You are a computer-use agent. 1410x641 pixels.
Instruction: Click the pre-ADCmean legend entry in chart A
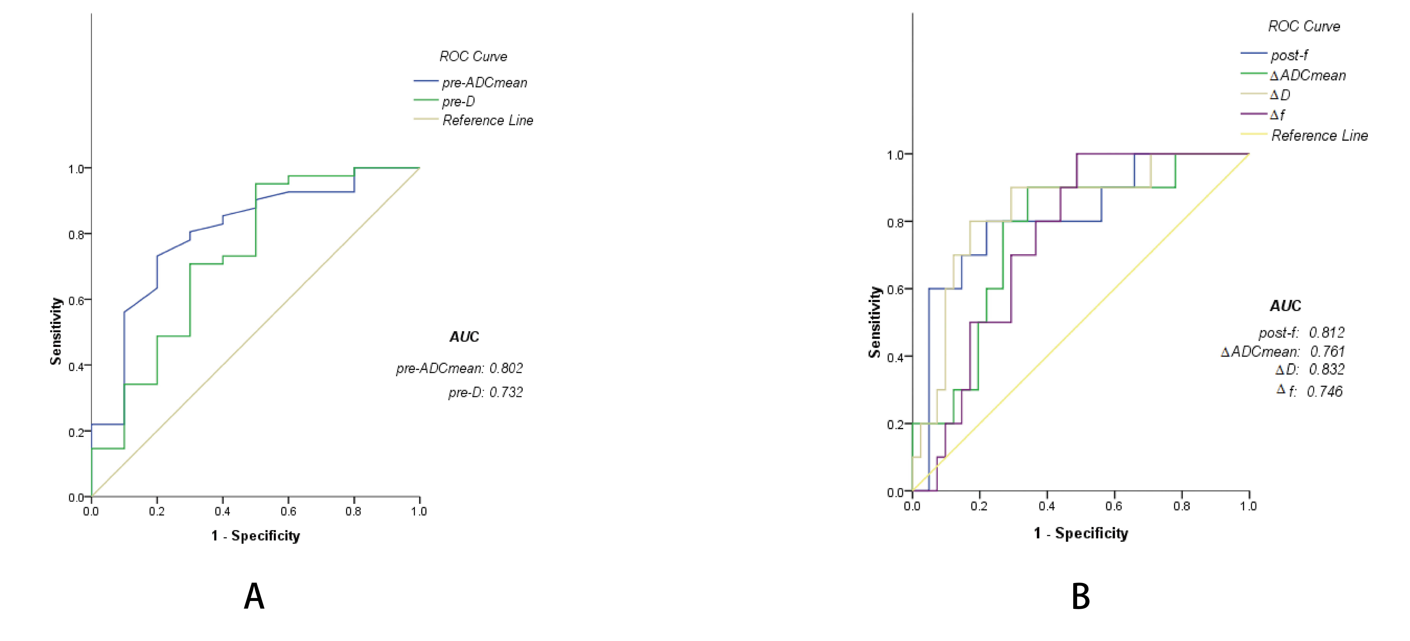coord(484,83)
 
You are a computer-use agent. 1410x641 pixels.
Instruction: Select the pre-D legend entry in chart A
coord(458,102)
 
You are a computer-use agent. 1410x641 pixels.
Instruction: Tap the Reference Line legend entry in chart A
coord(487,120)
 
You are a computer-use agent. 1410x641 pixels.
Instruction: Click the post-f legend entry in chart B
coord(1289,55)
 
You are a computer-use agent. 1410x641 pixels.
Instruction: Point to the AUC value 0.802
coord(506,368)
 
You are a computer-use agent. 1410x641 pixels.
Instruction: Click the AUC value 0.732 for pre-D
coord(506,392)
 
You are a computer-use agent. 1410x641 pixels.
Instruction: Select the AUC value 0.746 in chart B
coord(1325,391)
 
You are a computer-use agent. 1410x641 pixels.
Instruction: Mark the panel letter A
coord(254,597)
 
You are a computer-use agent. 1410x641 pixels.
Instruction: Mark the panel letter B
coord(1081,597)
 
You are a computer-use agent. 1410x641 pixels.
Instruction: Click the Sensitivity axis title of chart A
coord(56,331)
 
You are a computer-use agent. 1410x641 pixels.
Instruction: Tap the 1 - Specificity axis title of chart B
coord(1081,533)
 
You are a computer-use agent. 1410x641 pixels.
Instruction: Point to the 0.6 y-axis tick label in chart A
coord(76,300)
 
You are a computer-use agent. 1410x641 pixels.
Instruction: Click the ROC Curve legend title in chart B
coord(1304,26)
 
